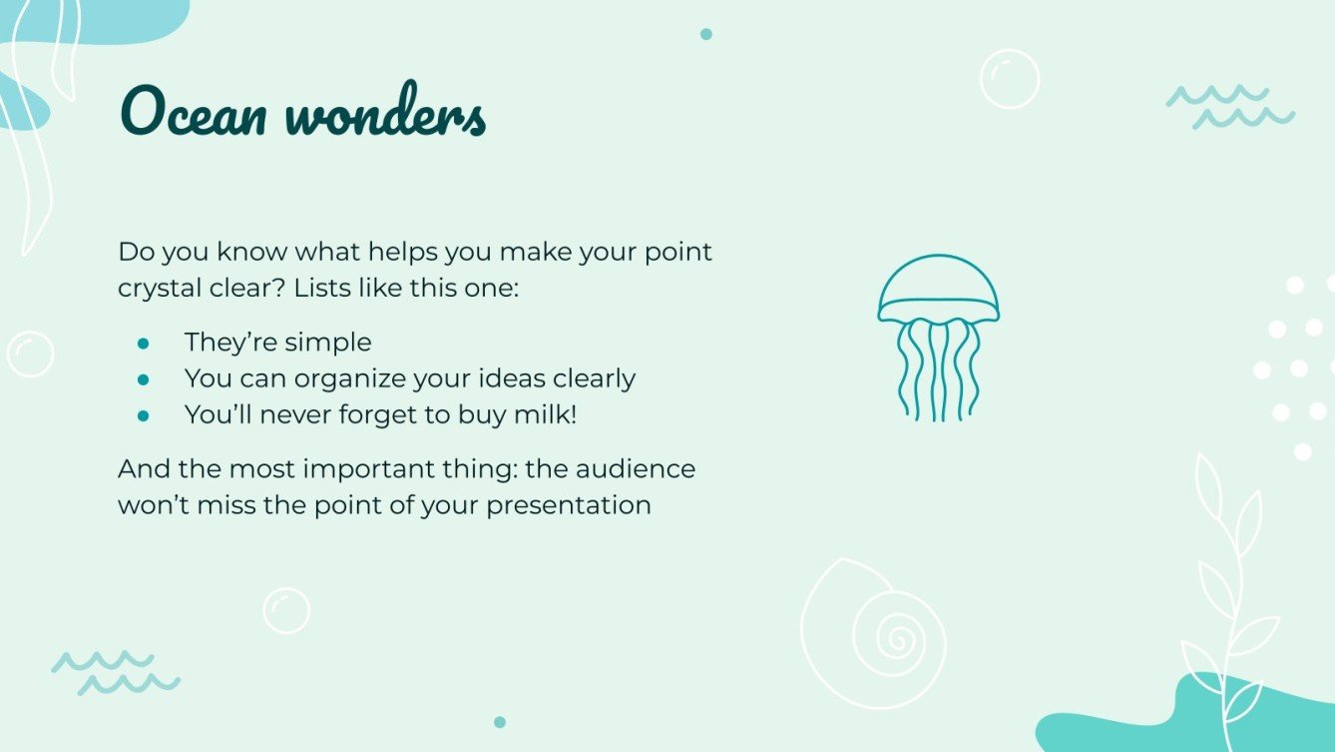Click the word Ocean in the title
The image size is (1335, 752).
pos(195,113)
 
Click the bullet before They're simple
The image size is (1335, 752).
pos(143,343)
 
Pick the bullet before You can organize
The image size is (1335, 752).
pos(143,379)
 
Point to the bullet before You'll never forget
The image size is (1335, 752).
pos(143,415)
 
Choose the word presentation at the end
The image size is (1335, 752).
pos(569,504)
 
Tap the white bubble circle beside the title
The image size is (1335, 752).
pos(1010,79)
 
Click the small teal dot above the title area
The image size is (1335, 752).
pos(706,34)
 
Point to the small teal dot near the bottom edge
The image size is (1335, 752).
pos(500,722)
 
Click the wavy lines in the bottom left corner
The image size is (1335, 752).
pos(116,672)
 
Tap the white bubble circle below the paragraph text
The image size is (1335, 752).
pos(286,610)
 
